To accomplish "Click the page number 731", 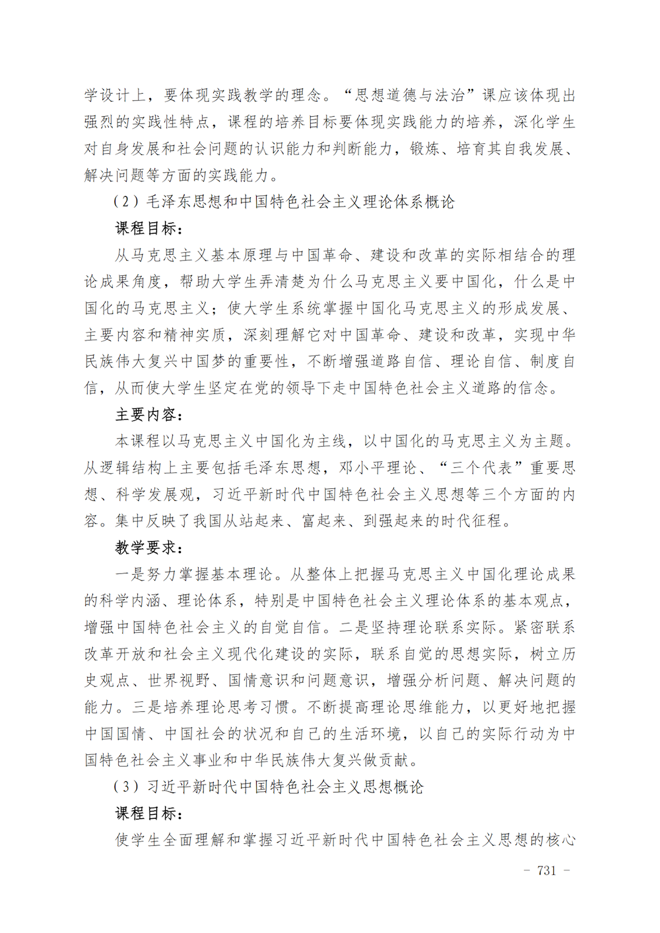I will click(x=547, y=870).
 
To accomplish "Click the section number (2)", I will click(x=126, y=202).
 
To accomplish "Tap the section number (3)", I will click(x=126, y=787).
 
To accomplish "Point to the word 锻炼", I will click(x=425, y=149).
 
